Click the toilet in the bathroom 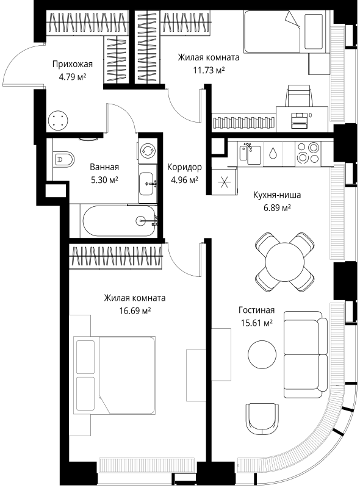64,159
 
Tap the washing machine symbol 147,151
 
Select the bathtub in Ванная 119,221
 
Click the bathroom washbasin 148,184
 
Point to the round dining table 284,262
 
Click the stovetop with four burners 308,153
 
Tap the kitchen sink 250,154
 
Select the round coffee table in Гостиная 262,354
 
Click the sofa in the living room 306,354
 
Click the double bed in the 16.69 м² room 115,375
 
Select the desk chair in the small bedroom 299,96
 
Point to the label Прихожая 73,64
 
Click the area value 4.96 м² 185,180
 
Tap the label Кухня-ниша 277,195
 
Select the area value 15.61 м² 257,323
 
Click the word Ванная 104,167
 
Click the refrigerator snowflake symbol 224,182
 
